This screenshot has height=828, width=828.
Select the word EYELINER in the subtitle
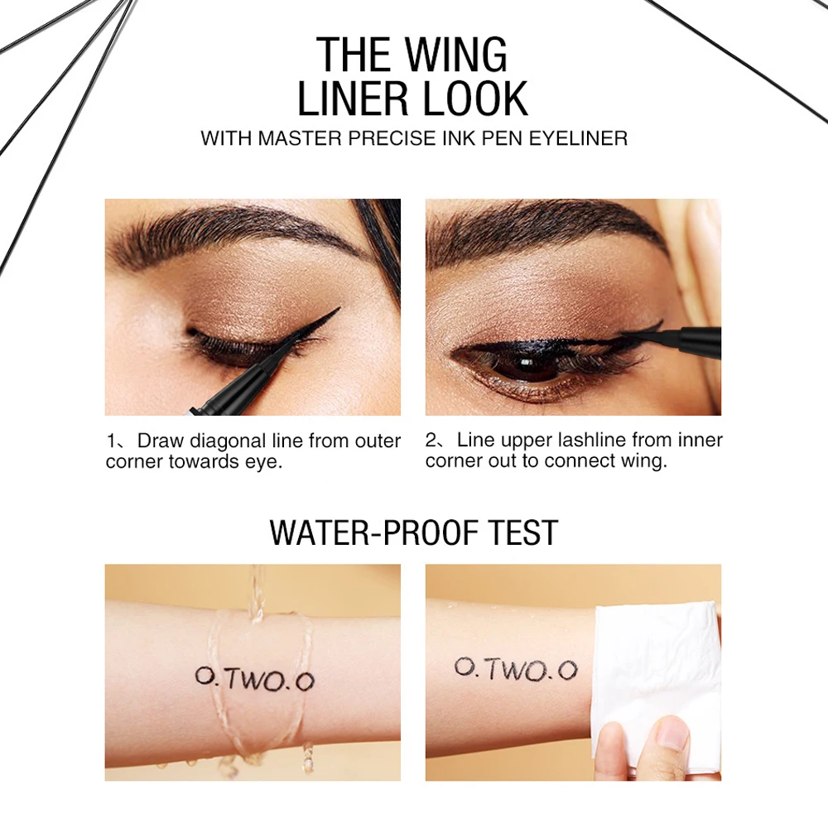tap(572, 137)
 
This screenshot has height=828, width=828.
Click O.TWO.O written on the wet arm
tap(254, 679)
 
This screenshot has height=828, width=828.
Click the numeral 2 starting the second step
tap(431, 440)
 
